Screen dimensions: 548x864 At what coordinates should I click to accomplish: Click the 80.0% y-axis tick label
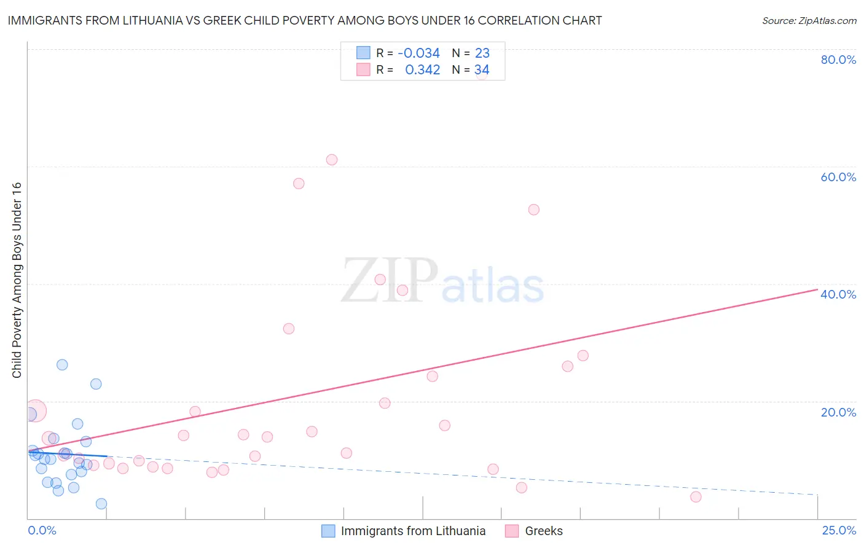click(838, 60)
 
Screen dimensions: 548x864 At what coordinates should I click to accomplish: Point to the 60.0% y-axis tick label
click(838, 177)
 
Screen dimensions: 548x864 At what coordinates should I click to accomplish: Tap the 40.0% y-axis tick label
click(838, 294)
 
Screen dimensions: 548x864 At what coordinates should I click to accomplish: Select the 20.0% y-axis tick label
click(838, 412)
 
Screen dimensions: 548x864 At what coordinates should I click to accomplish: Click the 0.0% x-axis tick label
click(42, 530)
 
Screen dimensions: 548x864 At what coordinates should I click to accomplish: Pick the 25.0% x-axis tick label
click(839, 530)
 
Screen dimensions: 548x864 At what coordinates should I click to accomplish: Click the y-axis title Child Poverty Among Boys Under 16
click(17, 280)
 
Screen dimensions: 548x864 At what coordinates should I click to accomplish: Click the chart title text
click(305, 20)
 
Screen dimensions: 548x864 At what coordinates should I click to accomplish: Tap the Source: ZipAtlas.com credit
click(809, 20)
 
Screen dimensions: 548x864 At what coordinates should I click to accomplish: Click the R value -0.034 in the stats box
click(418, 53)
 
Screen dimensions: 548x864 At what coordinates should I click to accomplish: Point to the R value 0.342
click(422, 70)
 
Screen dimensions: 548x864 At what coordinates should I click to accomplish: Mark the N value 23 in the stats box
click(482, 53)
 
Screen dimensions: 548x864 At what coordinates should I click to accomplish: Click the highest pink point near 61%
click(332, 160)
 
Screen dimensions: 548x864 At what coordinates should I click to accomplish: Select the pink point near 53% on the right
click(533, 209)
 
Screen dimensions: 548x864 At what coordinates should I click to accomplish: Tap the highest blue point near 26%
click(62, 364)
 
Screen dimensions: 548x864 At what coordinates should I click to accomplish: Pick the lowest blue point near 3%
click(101, 504)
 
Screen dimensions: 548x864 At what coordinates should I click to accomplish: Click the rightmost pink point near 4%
click(696, 496)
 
